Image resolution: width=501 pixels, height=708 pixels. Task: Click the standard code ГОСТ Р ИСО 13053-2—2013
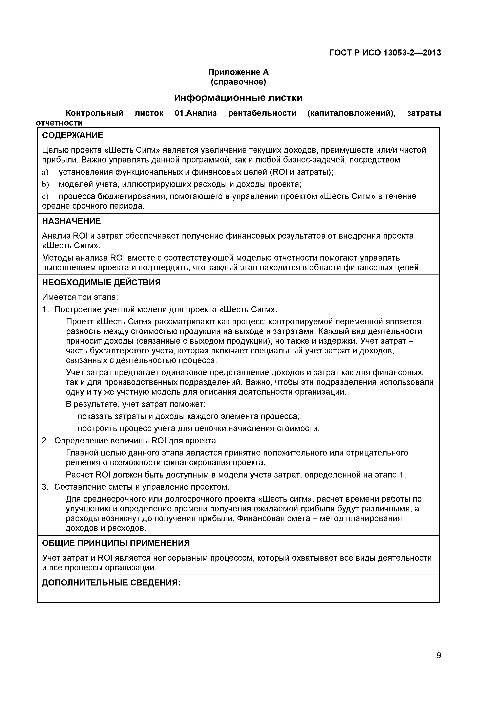(x=385, y=53)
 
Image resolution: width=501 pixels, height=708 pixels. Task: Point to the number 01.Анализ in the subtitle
(x=196, y=113)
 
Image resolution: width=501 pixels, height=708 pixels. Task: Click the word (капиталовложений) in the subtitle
(x=351, y=113)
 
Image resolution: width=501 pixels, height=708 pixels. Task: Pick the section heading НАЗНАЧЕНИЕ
(x=71, y=221)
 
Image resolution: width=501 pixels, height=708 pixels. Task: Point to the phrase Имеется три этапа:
(x=80, y=297)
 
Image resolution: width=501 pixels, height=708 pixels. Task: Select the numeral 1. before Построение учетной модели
(x=45, y=310)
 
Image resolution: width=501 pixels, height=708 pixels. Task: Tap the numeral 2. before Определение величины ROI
(x=45, y=441)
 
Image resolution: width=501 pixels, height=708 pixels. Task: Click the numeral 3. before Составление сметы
(x=45, y=487)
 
